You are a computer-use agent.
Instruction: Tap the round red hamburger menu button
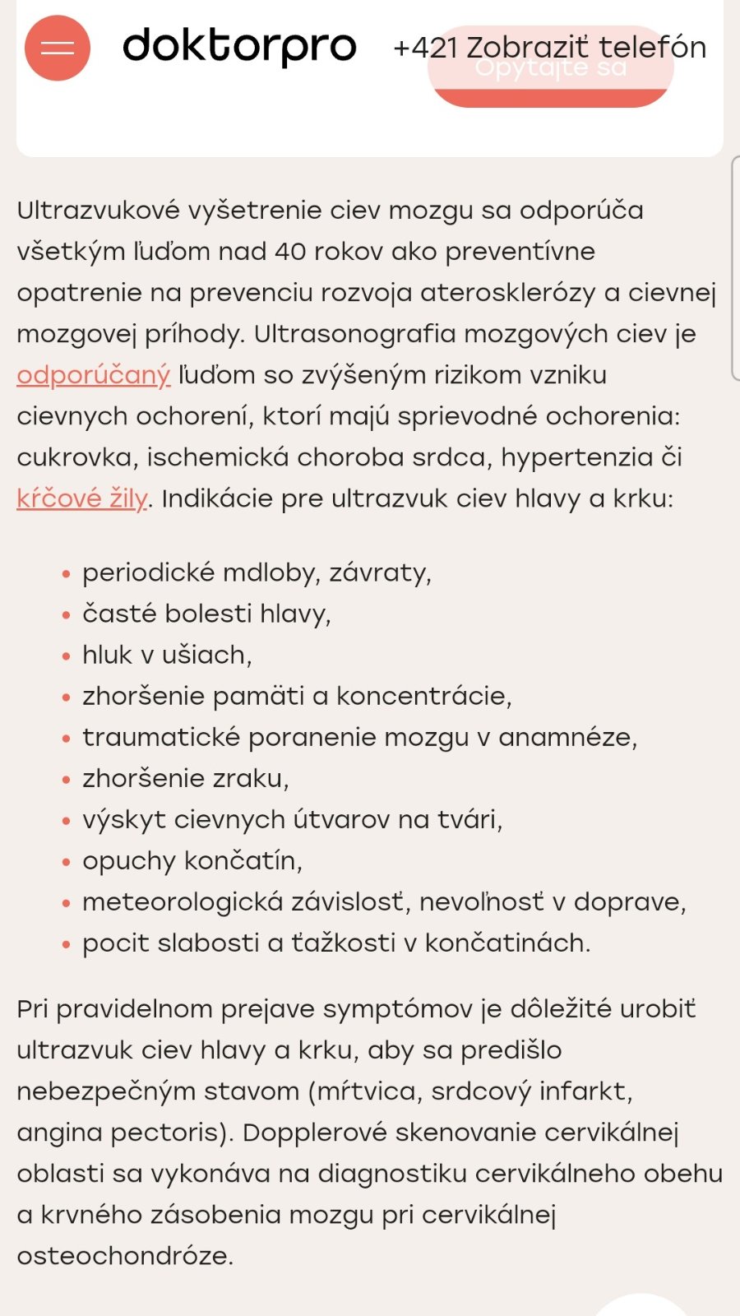click(x=58, y=48)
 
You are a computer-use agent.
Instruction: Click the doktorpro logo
click(x=239, y=47)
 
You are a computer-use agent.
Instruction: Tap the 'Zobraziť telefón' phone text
click(x=586, y=47)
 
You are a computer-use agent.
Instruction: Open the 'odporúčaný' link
click(x=93, y=375)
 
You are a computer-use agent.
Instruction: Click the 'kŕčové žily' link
click(x=81, y=498)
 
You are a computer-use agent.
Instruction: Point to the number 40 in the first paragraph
click(x=290, y=252)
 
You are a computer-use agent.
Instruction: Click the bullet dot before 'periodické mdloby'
click(x=67, y=574)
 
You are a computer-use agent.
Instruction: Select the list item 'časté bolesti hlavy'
click(x=206, y=614)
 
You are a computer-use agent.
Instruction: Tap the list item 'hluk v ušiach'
click(x=166, y=655)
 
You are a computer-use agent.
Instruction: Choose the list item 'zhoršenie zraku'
click(x=185, y=778)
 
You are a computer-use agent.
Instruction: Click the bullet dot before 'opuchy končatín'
click(x=67, y=862)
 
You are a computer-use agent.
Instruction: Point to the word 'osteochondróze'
click(x=124, y=1255)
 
